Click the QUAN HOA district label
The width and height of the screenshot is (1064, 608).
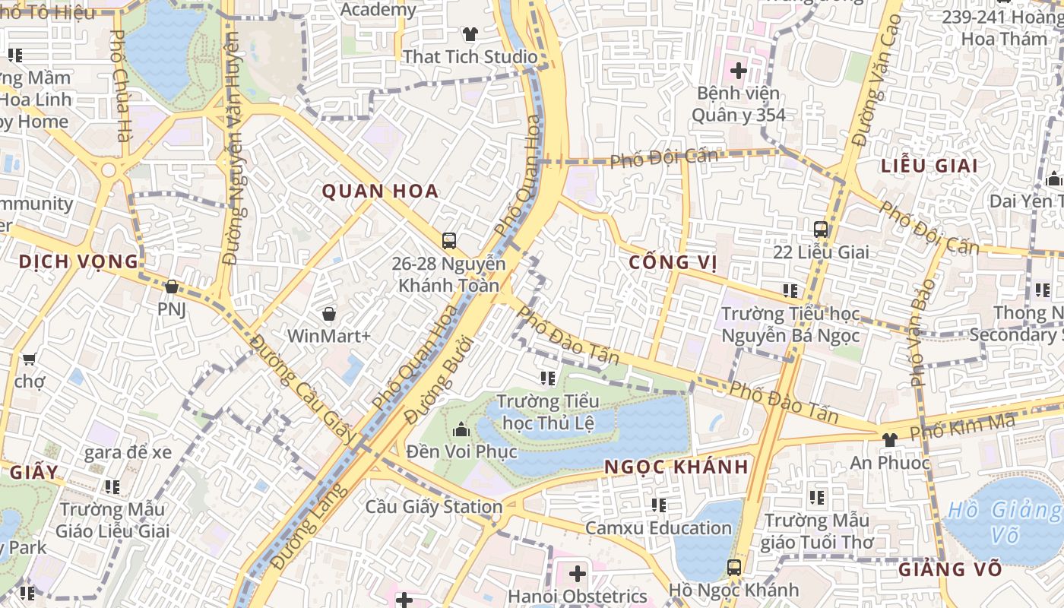[x=380, y=191]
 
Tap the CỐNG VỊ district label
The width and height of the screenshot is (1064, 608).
[x=673, y=263]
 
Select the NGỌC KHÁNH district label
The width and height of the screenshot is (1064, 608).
[x=676, y=467]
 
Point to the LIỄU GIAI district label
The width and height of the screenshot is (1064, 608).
[x=929, y=166]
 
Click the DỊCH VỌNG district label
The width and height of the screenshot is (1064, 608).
[x=78, y=262]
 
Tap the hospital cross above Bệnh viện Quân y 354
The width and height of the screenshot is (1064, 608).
[x=738, y=71]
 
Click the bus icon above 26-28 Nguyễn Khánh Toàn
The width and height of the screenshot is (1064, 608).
[x=449, y=241]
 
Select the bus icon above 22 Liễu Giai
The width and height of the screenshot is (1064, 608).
[x=821, y=229]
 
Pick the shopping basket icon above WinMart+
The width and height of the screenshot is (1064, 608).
[x=329, y=313]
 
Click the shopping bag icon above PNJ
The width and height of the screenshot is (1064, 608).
[x=172, y=287]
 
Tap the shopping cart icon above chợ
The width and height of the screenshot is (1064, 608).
[x=29, y=359]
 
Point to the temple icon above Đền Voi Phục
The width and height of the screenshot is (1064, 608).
[x=461, y=430]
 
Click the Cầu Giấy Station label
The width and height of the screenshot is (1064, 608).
[x=434, y=506]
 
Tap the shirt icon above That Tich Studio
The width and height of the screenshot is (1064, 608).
[x=470, y=34]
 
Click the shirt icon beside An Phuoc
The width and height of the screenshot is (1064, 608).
[x=890, y=439]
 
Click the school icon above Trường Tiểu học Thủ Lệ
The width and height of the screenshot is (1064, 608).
[x=547, y=378]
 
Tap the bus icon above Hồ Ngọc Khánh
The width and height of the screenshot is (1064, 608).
[x=733, y=567]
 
